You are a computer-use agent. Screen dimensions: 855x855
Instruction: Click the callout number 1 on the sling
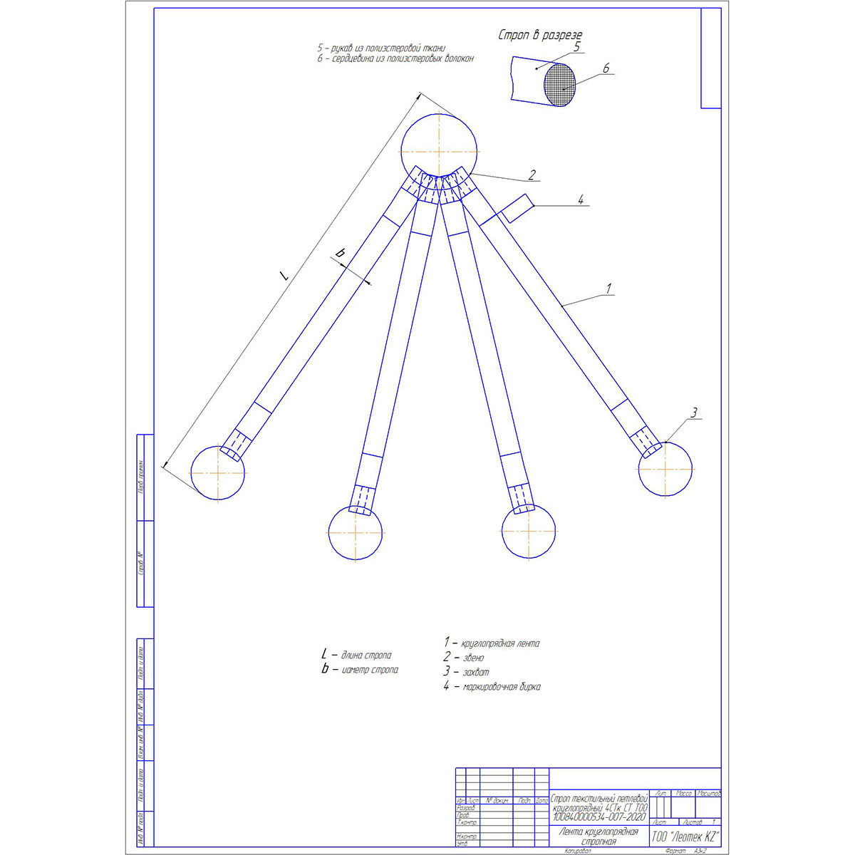(x=608, y=289)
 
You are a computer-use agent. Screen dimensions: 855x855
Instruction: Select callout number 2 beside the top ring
(x=531, y=174)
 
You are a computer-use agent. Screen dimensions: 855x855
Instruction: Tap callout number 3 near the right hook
(x=695, y=412)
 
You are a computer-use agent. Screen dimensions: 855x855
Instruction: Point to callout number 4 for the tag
(x=580, y=200)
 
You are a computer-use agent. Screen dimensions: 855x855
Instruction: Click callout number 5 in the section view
(x=577, y=46)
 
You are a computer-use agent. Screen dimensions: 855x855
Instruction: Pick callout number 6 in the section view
(x=606, y=68)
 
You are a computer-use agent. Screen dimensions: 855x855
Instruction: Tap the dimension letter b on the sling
(x=341, y=253)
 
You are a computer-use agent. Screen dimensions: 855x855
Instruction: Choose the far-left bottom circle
(x=217, y=472)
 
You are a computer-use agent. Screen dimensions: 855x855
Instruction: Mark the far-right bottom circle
(x=665, y=468)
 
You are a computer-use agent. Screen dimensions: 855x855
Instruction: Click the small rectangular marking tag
(x=516, y=208)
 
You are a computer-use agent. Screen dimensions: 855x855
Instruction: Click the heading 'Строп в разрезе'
(x=541, y=35)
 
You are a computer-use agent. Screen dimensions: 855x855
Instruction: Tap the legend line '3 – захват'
(x=466, y=672)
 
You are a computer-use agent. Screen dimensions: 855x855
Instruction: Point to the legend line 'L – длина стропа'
(x=356, y=654)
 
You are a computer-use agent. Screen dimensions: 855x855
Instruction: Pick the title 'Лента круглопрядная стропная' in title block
(x=598, y=836)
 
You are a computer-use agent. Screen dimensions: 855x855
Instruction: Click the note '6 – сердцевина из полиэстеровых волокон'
(x=395, y=59)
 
